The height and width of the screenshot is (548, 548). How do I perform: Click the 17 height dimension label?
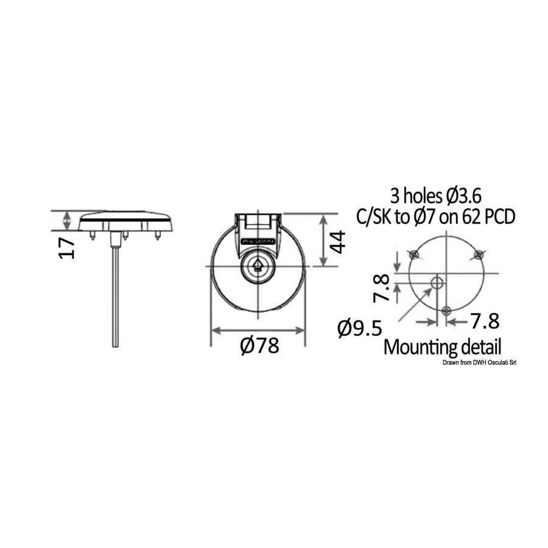tap(67, 248)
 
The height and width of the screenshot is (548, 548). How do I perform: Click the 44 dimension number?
tap(338, 242)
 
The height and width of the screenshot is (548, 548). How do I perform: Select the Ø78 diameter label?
tap(259, 346)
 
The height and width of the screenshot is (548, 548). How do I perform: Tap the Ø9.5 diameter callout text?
tap(360, 328)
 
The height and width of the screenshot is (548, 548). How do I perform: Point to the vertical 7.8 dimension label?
tap(381, 289)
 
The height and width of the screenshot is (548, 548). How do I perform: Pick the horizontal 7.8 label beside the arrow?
tap(485, 321)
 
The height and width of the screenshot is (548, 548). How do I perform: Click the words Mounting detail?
tap(442, 347)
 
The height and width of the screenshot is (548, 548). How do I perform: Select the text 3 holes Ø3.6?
tap(435, 197)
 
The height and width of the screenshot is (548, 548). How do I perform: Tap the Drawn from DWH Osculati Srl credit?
tap(480, 363)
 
